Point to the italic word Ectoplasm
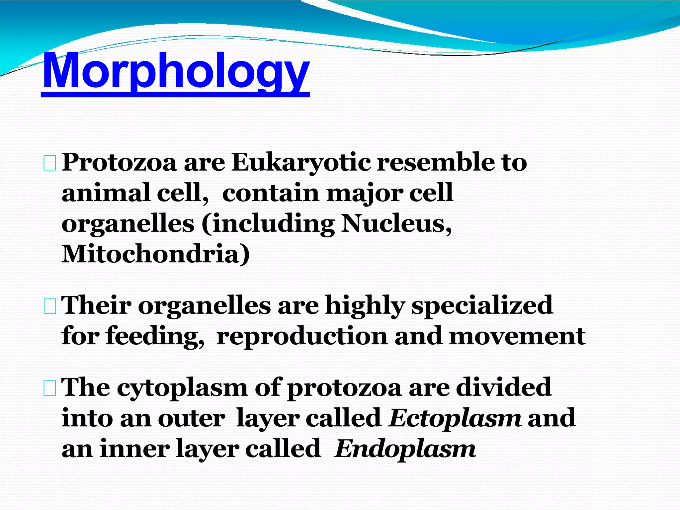(455, 418)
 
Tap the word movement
(517, 336)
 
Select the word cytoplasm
(182, 388)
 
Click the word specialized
(482, 305)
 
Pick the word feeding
(155, 336)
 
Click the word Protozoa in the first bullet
(119, 163)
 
